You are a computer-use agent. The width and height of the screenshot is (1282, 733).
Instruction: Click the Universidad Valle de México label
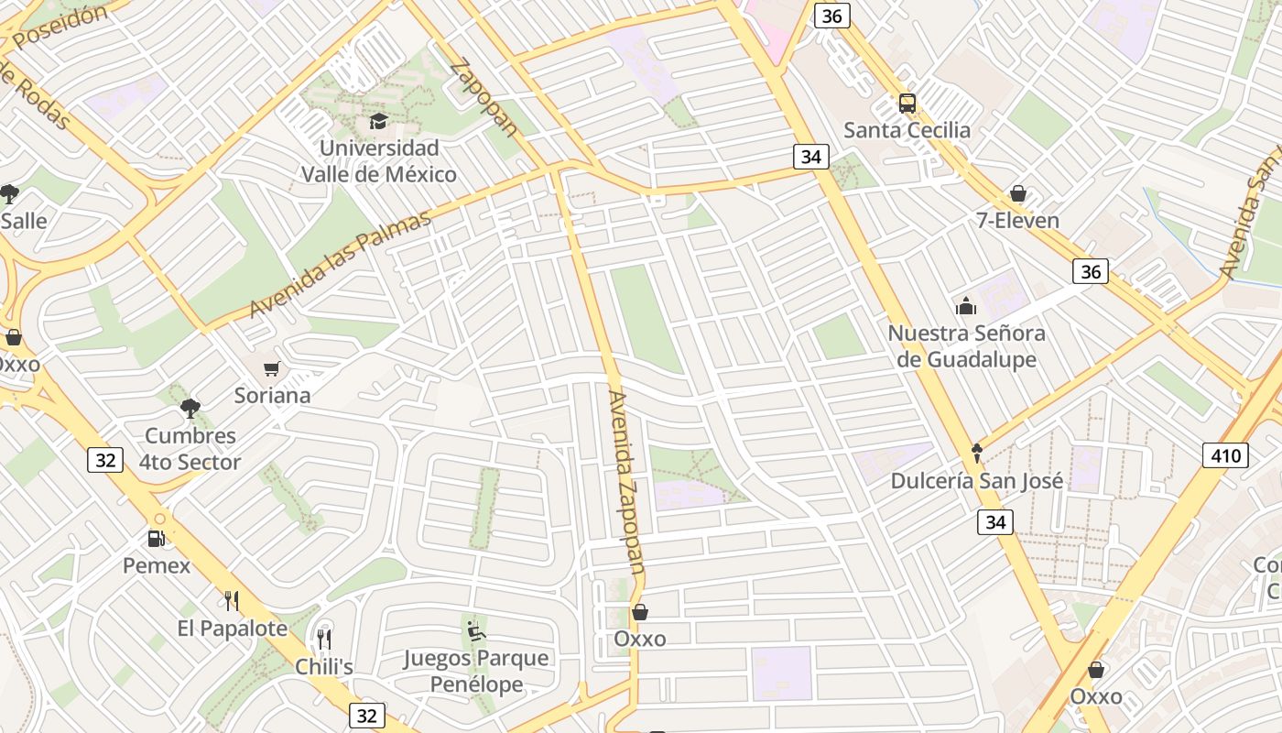[x=378, y=161]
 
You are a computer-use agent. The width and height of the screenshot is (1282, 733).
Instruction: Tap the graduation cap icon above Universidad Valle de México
[x=378, y=121]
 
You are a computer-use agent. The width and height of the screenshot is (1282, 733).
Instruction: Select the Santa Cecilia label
[x=907, y=130]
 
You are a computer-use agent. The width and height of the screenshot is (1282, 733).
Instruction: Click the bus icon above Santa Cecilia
[x=907, y=104]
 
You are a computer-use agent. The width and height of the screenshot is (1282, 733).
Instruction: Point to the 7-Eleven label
[x=1017, y=221]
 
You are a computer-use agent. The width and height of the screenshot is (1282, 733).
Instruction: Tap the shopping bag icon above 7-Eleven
[x=1017, y=193]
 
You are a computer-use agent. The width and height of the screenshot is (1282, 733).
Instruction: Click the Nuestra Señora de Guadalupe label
[x=966, y=346]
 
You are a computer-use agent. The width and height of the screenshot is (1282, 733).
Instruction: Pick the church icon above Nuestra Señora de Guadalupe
[x=966, y=306]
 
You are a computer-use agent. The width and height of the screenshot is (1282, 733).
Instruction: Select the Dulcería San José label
[x=977, y=481]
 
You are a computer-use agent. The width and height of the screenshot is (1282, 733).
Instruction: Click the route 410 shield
[x=1225, y=455]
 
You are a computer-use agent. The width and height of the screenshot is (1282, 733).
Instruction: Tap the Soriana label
[x=272, y=396]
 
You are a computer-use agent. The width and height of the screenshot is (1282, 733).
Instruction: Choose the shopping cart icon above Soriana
[x=271, y=369]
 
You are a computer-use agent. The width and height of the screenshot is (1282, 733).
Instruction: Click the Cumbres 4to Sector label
[x=190, y=449]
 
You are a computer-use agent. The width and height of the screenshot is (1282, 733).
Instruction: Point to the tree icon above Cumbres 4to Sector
[x=190, y=409]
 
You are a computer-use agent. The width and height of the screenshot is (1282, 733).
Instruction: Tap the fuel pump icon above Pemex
[x=157, y=539]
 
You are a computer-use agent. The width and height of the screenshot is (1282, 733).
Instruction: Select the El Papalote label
[x=232, y=629]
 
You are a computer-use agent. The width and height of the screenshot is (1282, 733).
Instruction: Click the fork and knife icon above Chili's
[x=324, y=639]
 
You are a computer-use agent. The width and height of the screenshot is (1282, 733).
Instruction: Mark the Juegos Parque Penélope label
[x=476, y=671]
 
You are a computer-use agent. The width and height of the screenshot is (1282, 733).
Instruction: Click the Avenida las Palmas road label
[x=340, y=265]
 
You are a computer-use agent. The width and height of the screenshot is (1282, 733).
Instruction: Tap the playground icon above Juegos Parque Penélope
[x=476, y=630]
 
